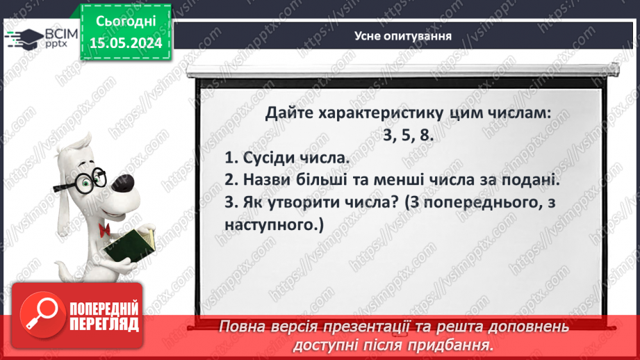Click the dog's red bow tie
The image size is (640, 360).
(106, 229)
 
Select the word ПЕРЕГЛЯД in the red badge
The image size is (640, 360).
(103, 325)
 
